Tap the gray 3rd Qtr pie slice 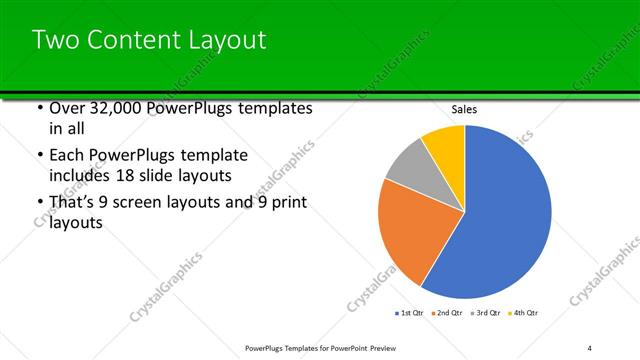coord(408,164)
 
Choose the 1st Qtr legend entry coord(410,314)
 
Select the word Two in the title coord(55,40)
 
